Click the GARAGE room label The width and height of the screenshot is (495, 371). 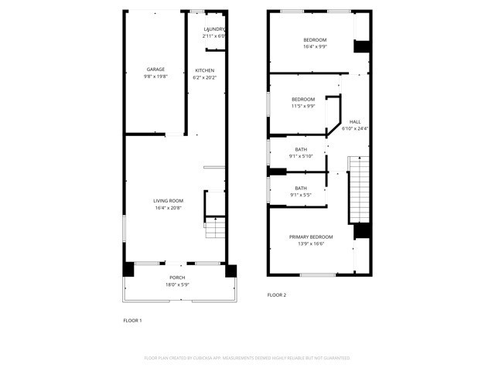[155, 70]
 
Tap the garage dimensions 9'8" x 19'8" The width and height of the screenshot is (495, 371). [155, 77]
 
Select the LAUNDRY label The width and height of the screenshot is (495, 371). [213, 29]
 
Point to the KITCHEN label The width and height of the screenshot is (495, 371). [205, 70]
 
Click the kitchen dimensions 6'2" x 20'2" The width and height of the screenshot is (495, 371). [205, 77]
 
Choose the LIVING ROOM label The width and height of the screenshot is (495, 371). [168, 201]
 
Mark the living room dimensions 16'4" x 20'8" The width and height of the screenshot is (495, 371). [168, 208]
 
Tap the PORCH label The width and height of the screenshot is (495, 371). [177, 277]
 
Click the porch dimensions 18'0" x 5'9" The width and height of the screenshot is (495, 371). [177, 284]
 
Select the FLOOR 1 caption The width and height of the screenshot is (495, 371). [132, 320]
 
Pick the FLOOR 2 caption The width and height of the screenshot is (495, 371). [277, 294]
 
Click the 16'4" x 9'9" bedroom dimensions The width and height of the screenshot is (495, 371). [315, 46]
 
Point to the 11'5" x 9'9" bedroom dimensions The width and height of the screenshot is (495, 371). [303, 106]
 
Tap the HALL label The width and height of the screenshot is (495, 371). [355, 121]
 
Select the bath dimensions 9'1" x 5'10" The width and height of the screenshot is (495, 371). [301, 156]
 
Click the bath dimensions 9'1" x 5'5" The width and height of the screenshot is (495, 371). [301, 195]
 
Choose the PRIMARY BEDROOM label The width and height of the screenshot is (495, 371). [311, 237]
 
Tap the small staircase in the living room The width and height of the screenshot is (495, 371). [215, 230]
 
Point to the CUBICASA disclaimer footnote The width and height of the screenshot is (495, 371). [247, 358]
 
